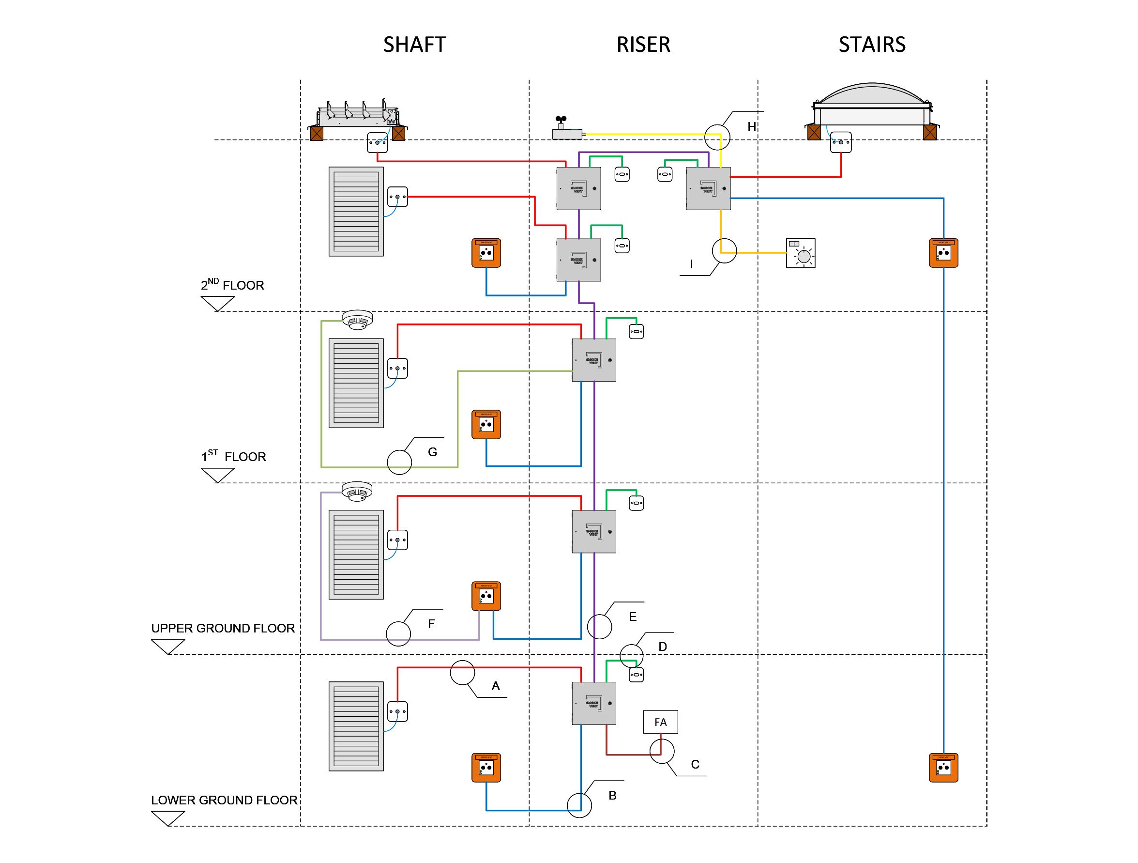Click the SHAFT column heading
coord(414,45)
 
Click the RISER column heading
coord(643,45)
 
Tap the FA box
coord(660,722)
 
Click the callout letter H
coord(752,126)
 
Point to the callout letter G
coord(432,452)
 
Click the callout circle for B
coord(579,805)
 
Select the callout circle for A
coord(462,673)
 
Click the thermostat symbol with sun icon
coord(801,253)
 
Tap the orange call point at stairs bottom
coord(943,767)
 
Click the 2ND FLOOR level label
coord(232,285)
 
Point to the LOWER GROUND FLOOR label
coord(224,800)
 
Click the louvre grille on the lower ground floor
coord(356,726)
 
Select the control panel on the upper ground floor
coord(594,532)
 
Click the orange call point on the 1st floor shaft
coord(486,424)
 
